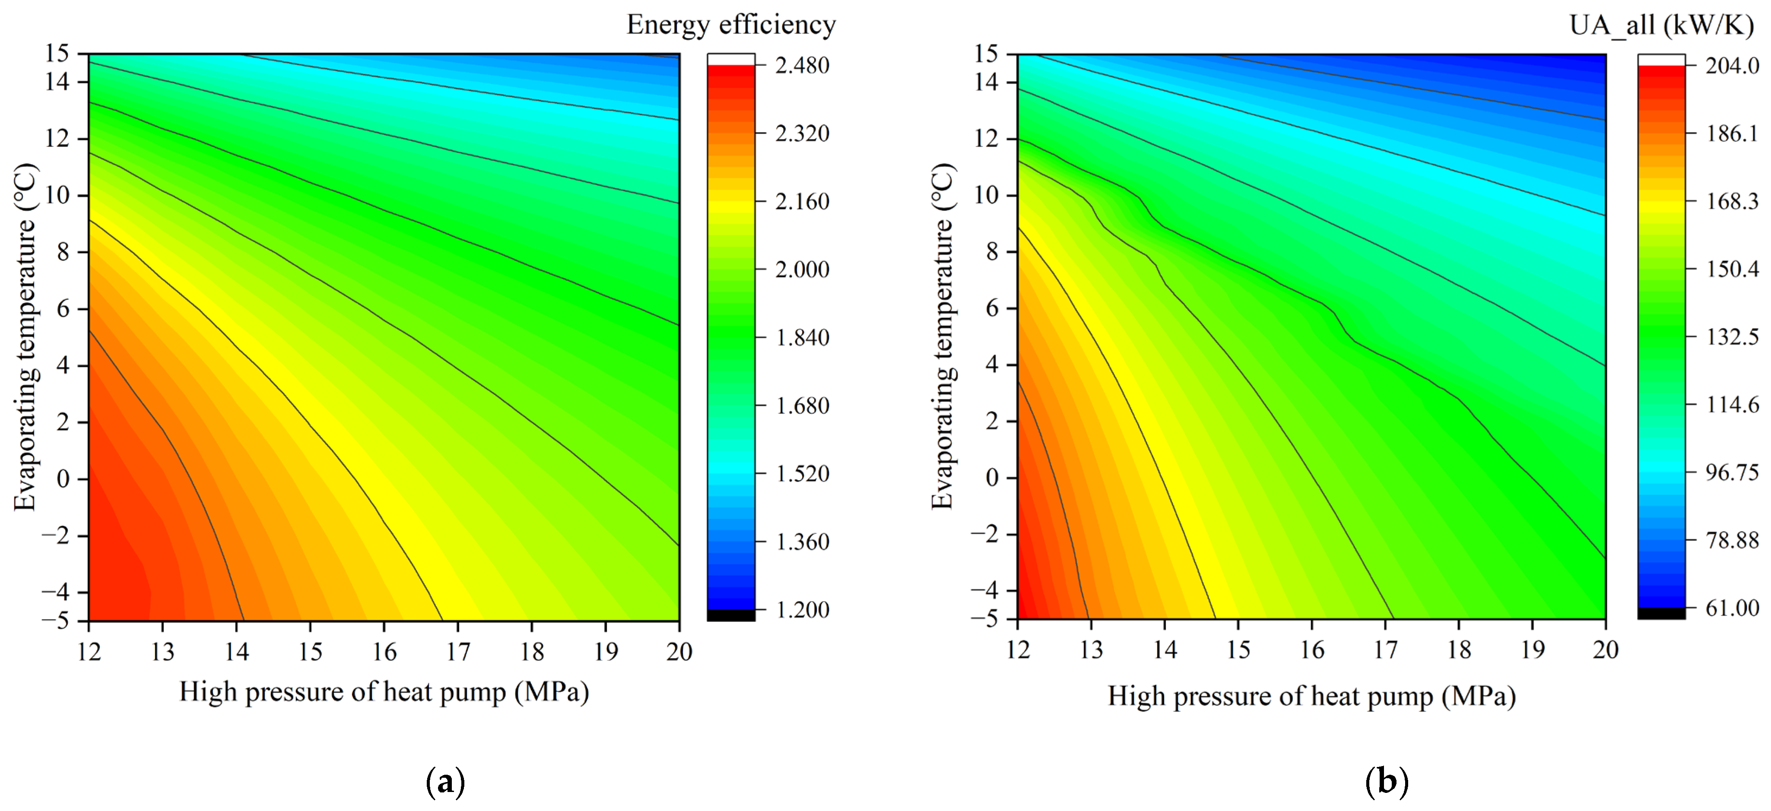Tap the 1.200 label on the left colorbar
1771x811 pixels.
(802, 610)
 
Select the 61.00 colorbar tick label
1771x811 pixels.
(1732, 608)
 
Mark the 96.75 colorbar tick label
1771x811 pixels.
(1732, 472)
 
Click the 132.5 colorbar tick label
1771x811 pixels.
(1732, 337)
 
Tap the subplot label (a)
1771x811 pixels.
(445, 782)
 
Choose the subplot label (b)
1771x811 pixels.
(1387, 782)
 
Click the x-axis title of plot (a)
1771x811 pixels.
(384, 691)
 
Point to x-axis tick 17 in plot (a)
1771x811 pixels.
(458, 651)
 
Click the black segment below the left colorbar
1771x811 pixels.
(731, 615)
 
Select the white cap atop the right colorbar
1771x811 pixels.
(1661, 60)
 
